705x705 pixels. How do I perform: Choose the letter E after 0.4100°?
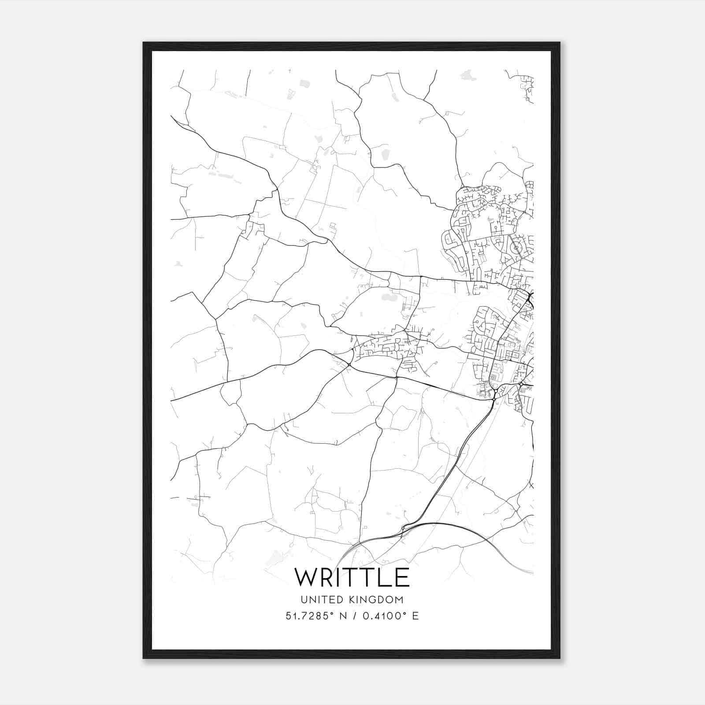coord(415,616)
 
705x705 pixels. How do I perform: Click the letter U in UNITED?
coord(304,600)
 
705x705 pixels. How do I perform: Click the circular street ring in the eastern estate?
coord(516,248)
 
